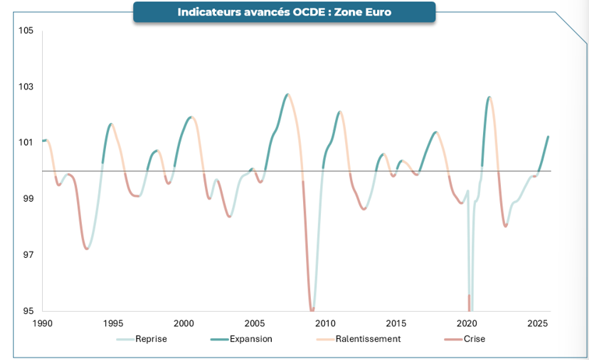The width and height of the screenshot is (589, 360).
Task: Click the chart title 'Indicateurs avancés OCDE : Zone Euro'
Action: (284, 12)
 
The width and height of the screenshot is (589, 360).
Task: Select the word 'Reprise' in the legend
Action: (150, 339)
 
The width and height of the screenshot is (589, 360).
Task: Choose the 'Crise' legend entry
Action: (474, 339)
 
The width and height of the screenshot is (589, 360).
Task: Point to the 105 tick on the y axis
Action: (26, 30)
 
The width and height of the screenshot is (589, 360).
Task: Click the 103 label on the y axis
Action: (26, 86)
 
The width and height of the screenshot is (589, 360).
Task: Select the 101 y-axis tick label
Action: (26, 143)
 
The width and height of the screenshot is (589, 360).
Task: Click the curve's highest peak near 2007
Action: (287, 94)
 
